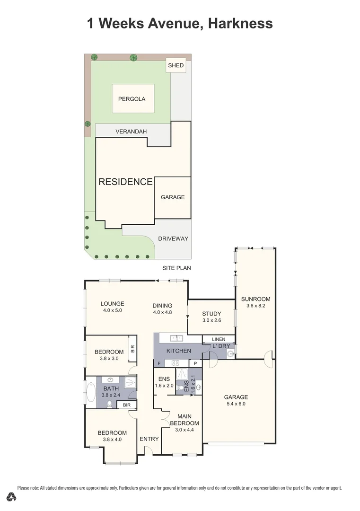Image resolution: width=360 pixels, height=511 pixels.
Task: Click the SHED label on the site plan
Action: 176,65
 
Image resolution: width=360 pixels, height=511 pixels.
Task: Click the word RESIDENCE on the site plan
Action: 125,182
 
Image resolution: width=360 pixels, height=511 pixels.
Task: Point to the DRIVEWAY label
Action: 173,238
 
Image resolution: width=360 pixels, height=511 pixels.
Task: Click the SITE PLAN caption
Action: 176,268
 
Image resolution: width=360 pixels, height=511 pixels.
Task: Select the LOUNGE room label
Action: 112,304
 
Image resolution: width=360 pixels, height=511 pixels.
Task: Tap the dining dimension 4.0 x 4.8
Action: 162,312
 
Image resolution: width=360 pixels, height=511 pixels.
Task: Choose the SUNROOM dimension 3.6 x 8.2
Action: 255,306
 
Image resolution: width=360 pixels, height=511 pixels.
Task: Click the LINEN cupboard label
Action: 219,339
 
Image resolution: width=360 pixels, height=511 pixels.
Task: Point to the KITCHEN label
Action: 179,351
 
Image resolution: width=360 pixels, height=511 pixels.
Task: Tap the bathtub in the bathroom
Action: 90,393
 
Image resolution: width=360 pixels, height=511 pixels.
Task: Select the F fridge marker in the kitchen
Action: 159,363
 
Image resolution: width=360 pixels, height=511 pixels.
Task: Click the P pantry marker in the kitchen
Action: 195,363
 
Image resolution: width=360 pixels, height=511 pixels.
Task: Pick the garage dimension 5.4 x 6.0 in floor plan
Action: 236,404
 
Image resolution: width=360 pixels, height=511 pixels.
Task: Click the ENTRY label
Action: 149,439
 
